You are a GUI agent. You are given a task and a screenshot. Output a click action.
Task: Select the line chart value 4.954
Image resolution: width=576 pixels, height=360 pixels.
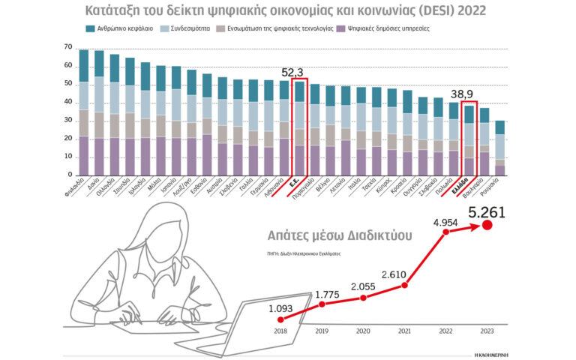tap(445, 221)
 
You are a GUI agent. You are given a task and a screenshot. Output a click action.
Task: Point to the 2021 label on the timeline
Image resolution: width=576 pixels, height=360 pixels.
tap(404, 330)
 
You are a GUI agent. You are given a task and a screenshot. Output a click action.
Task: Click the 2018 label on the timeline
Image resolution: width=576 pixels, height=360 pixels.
tap(281, 330)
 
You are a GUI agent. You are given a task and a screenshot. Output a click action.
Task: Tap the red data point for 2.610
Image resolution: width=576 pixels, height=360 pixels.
tap(404, 284)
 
